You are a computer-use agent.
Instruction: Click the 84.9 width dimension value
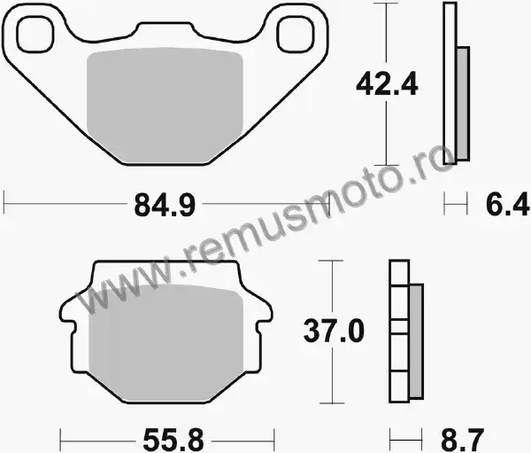[x=165, y=205]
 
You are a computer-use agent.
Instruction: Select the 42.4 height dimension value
[x=387, y=84]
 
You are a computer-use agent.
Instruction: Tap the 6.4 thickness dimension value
[x=508, y=204]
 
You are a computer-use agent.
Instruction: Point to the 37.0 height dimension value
[x=334, y=330]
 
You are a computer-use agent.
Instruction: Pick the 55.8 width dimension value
[x=173, y=440]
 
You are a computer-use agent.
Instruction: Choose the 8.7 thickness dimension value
[x=463, y=441]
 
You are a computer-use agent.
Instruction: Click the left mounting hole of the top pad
[x=35, y=35]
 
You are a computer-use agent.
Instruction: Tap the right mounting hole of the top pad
[x=295, y=35]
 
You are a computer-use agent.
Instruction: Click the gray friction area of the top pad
[x=165, y=105]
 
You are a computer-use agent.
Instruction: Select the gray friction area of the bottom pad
[x=165, y=343]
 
